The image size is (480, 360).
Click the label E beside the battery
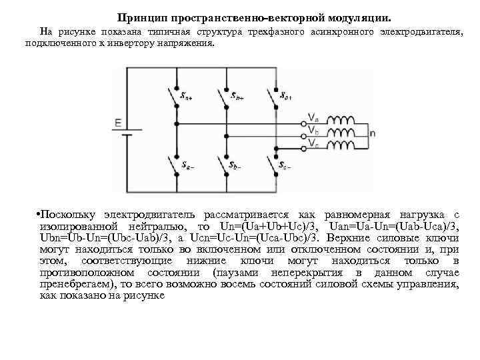117,123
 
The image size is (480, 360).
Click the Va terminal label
313,118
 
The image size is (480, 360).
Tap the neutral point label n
372,133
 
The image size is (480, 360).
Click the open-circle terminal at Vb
305,133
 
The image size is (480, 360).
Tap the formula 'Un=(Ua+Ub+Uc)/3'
273,227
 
